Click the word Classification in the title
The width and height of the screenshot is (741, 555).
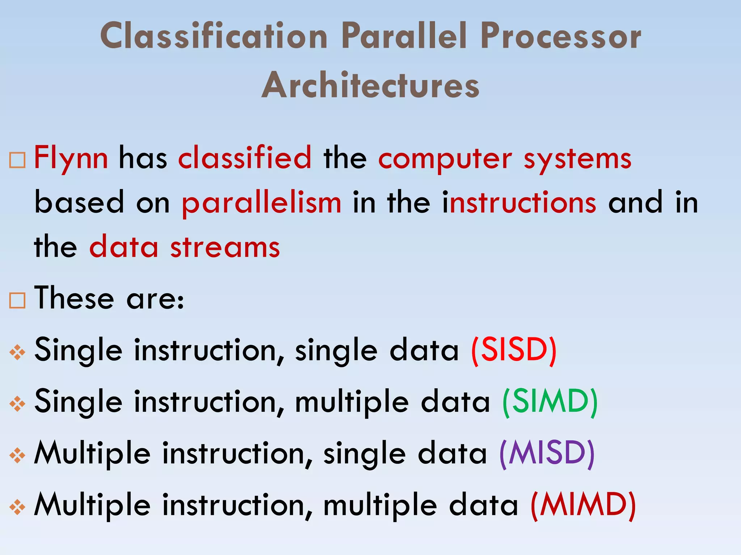(x=213, y=36)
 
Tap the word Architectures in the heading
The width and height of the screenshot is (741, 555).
(x=370, y=85)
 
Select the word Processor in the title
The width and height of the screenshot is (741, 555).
(x=560, y=36)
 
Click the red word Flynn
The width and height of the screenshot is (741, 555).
(x=71, y=158)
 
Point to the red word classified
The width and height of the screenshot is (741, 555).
(x=245, y=158)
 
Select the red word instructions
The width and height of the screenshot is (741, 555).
(x=519, y=202)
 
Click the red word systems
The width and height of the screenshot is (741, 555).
(x=577, y=159)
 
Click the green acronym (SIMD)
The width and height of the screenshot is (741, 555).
(x=550, y=402)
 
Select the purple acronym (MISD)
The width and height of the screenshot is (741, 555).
(x=547, y=453)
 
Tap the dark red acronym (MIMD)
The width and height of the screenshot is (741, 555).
(x=583, y=505)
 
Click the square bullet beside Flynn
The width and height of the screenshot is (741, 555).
(x=17, y=160)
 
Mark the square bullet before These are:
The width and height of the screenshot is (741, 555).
(x=17, y=300)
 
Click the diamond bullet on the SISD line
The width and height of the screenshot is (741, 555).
(x=17, y=352)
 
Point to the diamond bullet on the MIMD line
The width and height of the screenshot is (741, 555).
(x=17, y=507)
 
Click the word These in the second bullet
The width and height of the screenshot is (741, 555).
(x=74, y=298)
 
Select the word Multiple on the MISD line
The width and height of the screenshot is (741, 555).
(x=92, y=453)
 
